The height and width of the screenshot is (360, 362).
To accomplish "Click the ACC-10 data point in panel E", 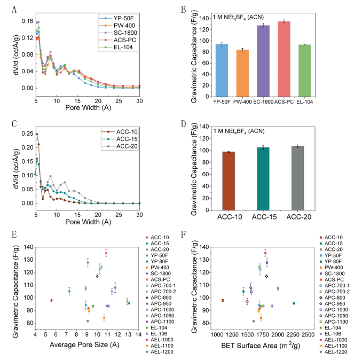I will click(x=51, y=300).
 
